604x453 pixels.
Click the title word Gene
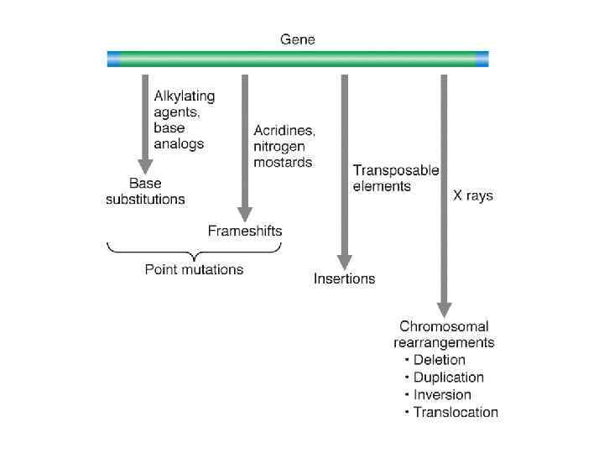click(297, 39)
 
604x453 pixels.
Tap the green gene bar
click(297, 59)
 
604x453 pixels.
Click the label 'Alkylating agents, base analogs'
click(183, 120)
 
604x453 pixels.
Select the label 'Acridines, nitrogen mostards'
click(284, 147)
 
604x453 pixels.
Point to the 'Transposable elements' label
click(395, 178)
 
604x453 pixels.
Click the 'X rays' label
click(473, 196)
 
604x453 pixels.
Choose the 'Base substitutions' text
click(145, 191)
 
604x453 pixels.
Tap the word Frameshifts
click(245, 231)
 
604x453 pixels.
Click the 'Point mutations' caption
click(194, 270)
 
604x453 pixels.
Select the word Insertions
click(344, 279)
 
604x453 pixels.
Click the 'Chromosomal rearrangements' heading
click(444, 334)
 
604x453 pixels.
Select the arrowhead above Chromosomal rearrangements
click(444, 308)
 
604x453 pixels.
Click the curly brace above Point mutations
click(194, 251)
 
